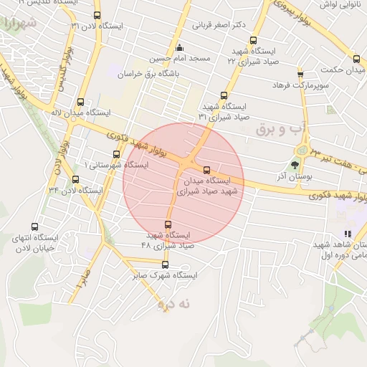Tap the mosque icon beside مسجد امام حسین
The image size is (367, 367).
178,46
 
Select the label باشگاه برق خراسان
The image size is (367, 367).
181,73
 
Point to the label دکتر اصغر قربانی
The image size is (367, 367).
219,25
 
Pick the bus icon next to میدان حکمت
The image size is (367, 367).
300,72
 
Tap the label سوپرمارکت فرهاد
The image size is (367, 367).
300,85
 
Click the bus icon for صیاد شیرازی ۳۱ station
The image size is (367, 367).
224,95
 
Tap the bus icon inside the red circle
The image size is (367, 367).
207,171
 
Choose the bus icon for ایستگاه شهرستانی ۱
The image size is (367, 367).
116,154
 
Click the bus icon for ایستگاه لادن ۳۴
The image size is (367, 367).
76,180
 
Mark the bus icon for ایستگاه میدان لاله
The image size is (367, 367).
80,102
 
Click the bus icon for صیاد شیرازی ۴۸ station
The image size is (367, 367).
168,224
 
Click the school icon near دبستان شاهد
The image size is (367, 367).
348,234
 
